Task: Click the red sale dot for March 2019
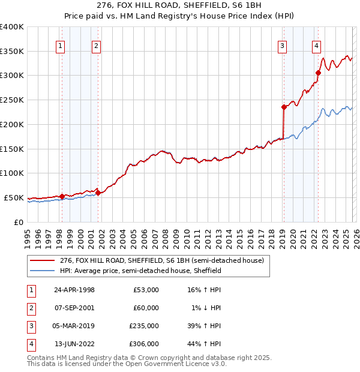pos(283,107)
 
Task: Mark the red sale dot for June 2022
pos(318,73)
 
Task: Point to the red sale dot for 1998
pos(62,196)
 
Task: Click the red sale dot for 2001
pos(97,193)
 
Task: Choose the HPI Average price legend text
pos(140,271)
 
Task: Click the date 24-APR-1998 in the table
pos(74,290)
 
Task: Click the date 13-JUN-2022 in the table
pos(74,344)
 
